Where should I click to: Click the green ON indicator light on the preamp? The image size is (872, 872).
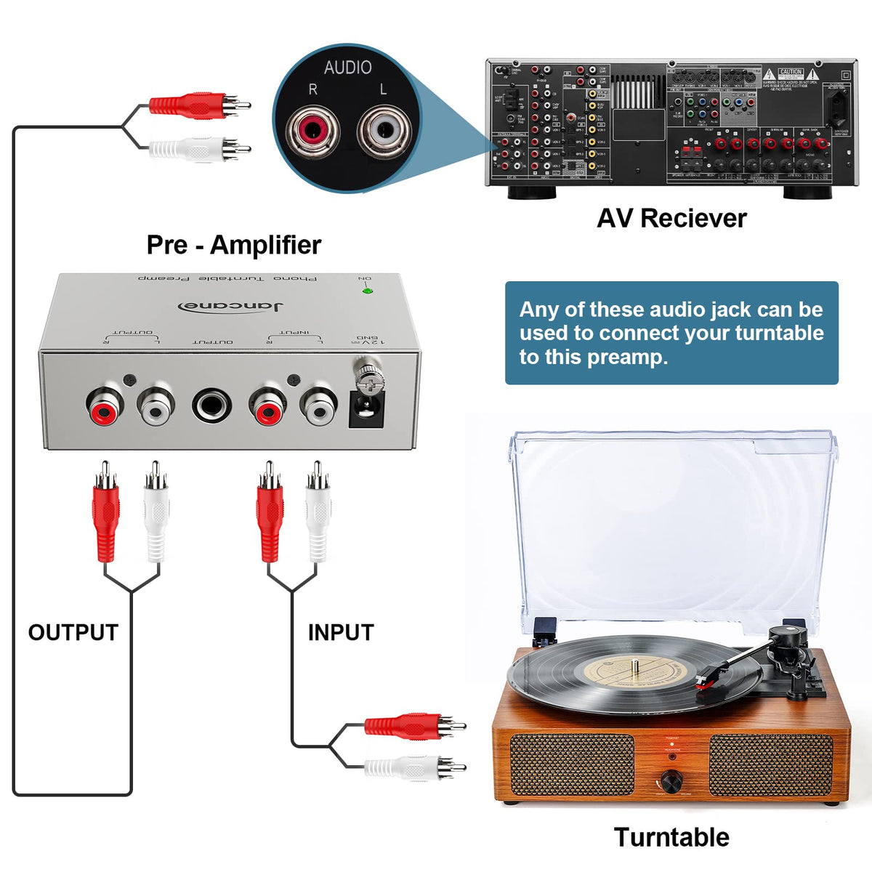(368, 291)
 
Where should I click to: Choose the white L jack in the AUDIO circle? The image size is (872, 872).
(384, 131)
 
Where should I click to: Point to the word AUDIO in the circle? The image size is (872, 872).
(347, 68)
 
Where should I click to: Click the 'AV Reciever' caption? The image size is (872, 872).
(671, 218)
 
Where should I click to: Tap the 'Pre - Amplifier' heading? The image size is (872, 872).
(233, 245)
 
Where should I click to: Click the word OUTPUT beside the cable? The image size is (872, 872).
(73, 632)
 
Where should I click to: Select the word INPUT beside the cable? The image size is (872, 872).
(340, 632)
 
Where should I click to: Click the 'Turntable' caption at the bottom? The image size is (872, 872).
(671, 837)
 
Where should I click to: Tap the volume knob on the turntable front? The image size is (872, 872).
(671, 781)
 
